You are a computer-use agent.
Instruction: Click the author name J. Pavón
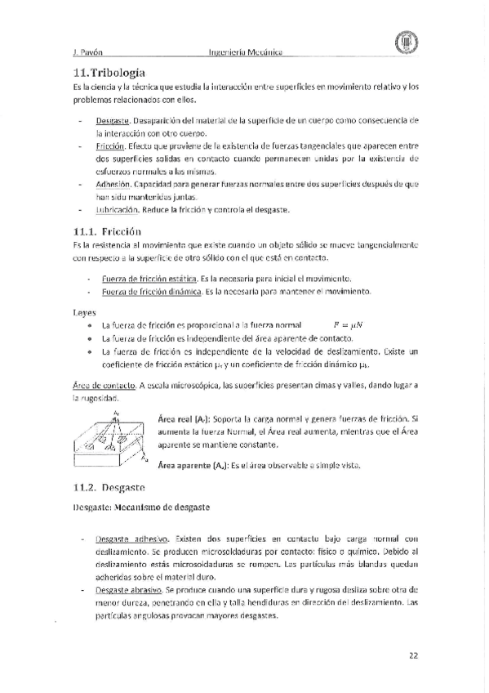(87, 52)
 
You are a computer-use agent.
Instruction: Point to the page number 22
(413, 653)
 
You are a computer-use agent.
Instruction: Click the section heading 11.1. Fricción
(109, 231)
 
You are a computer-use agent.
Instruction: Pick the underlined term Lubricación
(117, 210)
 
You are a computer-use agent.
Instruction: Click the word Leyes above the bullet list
(84, 311)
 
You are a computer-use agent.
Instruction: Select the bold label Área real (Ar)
(184, 418)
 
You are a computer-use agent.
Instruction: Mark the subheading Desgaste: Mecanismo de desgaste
(141, 507)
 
